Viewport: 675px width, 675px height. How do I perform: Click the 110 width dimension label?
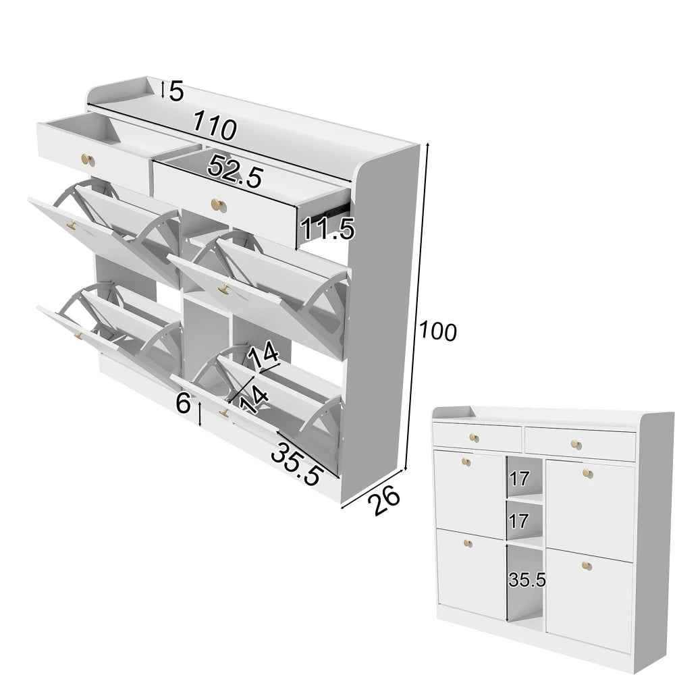pyautogui.click(x=215, y=126)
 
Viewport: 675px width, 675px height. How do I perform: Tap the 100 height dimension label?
pyautogui.click(x=437, y=331)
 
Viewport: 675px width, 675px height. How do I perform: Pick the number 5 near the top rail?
pyautogui.click(x=176, y=91)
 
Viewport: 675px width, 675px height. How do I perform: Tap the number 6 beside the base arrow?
pyautogui.click(x=183, y=404)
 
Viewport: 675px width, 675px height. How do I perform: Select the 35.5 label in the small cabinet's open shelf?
pyautogui.click(x=527, y=578)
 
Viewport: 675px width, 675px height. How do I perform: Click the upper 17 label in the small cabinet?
pyautogui.click(x=519, y=479)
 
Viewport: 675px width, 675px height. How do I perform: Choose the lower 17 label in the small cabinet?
pyautogui.click(x=519, y=521)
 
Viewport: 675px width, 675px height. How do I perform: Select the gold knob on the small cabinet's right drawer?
pyautogui.click(x=575, y=443)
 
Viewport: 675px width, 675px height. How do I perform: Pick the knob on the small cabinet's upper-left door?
pyautogui.click(x=466, y=462)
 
